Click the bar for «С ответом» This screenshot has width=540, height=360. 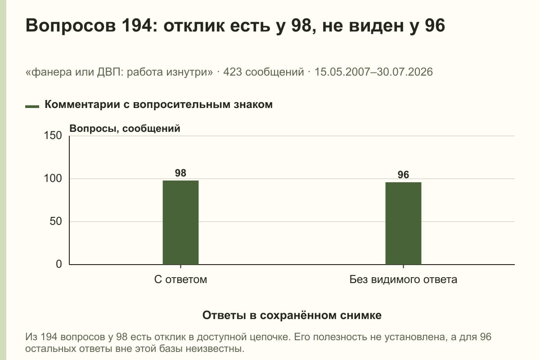point(180,222)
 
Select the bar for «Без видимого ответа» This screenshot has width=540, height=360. point(403,223)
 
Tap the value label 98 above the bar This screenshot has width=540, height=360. point(180,173)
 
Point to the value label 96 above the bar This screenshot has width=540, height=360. point(403,175)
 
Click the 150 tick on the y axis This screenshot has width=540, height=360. point(53,135)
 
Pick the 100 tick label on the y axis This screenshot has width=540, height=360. point(53,179)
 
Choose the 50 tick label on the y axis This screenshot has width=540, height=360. point(56,221)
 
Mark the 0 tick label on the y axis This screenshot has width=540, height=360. point(59,264)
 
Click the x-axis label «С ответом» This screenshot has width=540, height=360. point(180,279)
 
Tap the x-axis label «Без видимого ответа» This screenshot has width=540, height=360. point(403,279)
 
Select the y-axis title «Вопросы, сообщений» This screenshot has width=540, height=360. point(125,129)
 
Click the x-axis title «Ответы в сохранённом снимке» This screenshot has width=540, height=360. point(292,315)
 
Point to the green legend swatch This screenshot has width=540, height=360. point(32,107)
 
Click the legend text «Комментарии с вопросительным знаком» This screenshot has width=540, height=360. point(158,105)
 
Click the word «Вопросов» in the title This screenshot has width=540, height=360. point(71,26)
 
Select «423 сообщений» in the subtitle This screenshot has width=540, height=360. point(264,72)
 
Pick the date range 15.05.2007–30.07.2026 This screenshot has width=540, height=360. point(373,72)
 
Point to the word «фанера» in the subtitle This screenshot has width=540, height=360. point(52,72)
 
